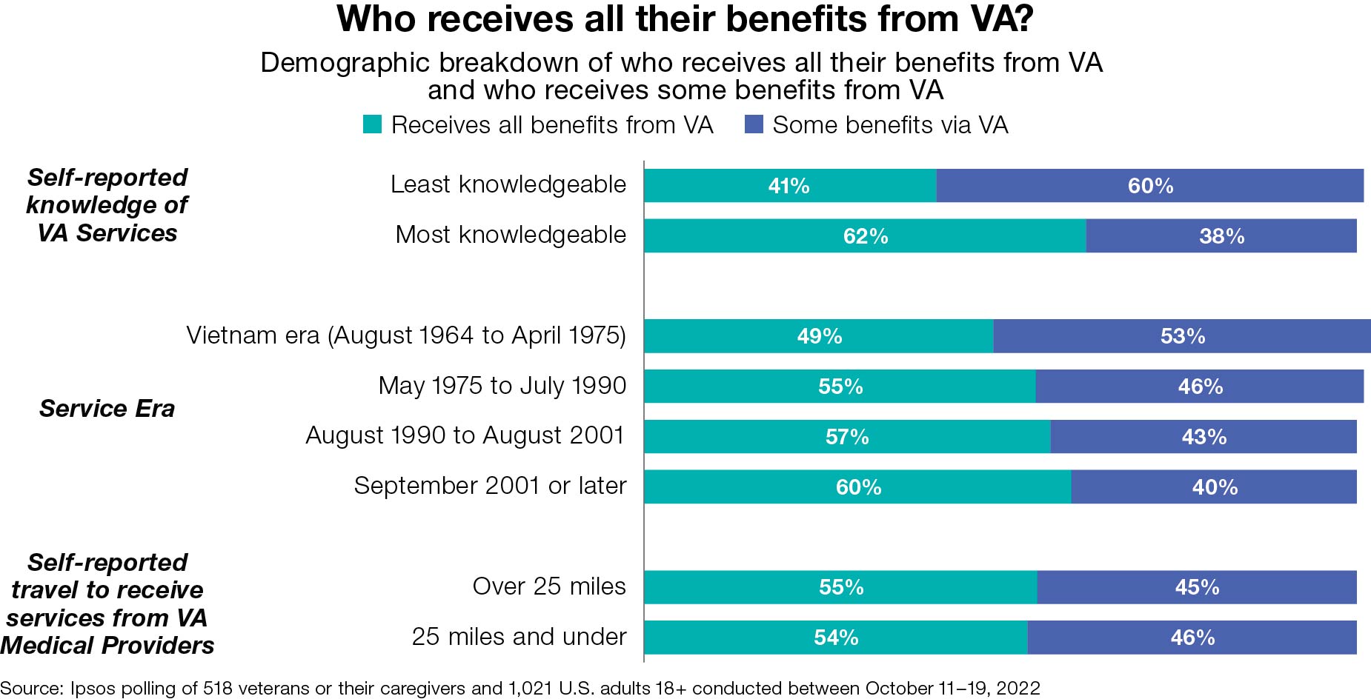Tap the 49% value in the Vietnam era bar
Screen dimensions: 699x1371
point(820,336)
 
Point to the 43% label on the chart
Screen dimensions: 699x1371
point(1204,437)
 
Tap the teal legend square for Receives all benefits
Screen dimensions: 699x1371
point(372,124)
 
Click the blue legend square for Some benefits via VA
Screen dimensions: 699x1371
point(754,124)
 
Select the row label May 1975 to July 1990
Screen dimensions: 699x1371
point(502,386)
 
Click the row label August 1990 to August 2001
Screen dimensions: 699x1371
point(465,435)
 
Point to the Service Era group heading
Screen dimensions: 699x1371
point(107,409)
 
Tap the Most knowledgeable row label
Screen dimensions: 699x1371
point(511,235)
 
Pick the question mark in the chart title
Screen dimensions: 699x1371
point(1023,19)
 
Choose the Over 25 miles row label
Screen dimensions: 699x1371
point(549,586)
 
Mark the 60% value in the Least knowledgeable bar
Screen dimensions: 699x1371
point(1150,186)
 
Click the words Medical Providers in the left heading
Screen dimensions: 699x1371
point(107,646)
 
